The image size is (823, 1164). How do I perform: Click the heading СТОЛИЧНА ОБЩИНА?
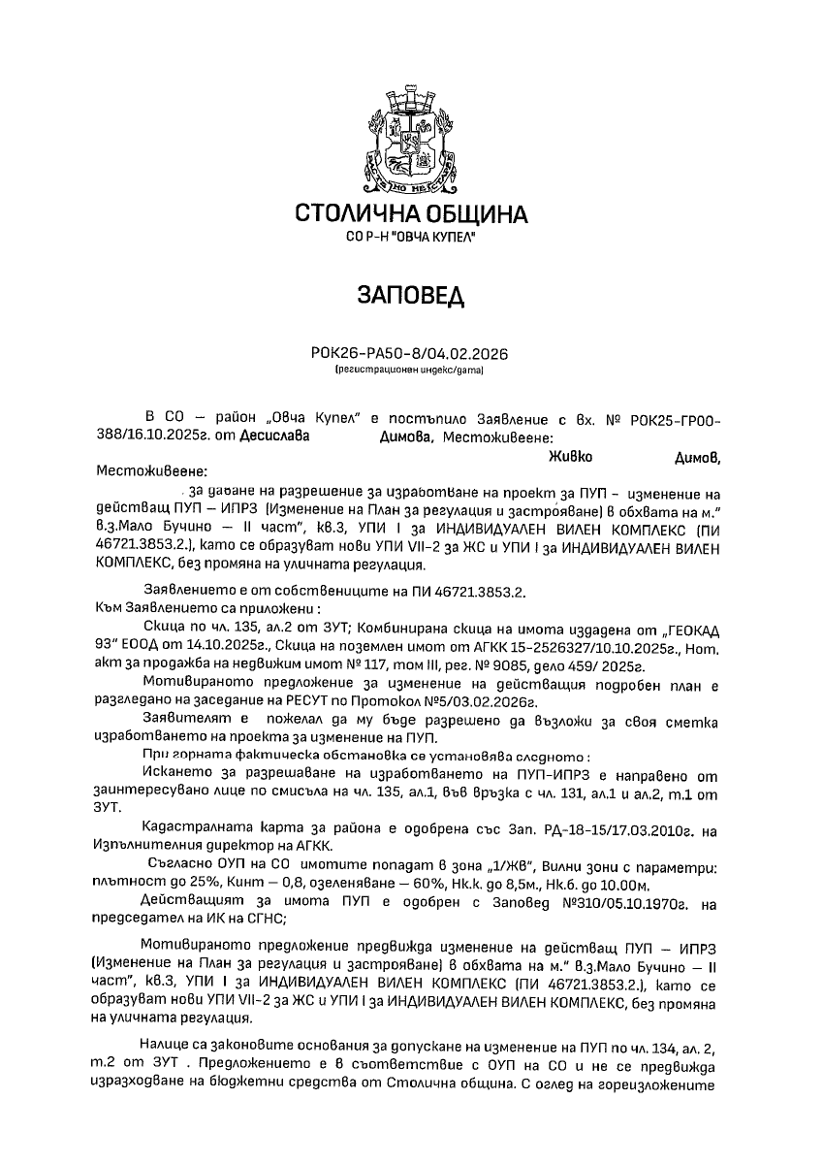click(x=411, y=213)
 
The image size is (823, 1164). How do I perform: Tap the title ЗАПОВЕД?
click(x=411, y=294)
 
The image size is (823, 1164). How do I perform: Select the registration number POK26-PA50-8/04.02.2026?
click(x=411, y=355)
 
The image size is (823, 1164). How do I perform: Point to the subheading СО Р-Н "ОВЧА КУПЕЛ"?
click(x=411, y=238)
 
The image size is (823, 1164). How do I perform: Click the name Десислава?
click(x=276, y=436)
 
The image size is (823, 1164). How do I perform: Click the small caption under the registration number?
click(x=411, y=370)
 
